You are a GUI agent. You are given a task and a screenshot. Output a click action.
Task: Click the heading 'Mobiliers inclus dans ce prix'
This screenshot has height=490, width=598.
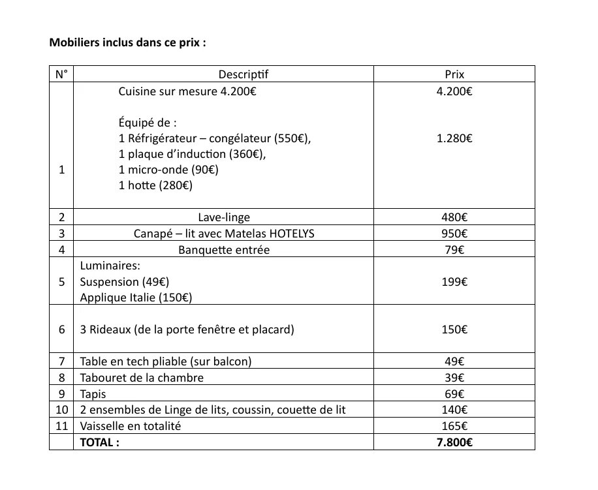click(128, 43)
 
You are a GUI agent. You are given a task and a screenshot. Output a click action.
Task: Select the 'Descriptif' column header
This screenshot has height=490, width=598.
click(243, 74)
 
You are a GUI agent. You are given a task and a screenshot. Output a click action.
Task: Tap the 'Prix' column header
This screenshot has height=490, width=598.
click(454, 74)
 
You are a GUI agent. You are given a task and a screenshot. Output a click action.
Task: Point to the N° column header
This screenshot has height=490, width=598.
click(61, 74)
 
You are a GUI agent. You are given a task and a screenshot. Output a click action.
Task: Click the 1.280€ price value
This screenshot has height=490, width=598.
click(454, 138)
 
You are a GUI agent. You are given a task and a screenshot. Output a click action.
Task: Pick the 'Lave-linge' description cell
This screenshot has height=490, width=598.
click(224, 217)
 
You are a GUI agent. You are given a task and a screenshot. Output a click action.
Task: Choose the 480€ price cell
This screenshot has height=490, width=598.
click(454, 217)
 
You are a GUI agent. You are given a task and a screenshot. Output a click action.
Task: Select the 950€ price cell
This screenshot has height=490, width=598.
click(454, 234)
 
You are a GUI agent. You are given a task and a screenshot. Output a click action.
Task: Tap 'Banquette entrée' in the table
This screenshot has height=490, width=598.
click(224, 250)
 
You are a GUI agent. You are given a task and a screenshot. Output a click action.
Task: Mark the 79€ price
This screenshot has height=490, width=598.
click(454, 250)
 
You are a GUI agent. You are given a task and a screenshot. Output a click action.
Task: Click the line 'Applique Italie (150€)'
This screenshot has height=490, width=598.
click(135, 298)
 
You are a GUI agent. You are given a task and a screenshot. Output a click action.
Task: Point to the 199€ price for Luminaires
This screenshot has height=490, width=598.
click(454, 282)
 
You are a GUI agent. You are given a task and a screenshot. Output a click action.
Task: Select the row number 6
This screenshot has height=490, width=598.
click(61, 329)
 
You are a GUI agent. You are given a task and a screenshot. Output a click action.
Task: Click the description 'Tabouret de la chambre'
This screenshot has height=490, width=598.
click(142, 378)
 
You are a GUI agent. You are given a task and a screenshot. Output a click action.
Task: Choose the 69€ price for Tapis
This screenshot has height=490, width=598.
click(454, 394)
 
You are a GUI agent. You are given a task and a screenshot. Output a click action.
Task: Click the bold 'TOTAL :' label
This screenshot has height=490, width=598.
click(99, 442)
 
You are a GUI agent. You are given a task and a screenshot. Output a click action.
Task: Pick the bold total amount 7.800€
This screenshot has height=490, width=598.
click(454, 442)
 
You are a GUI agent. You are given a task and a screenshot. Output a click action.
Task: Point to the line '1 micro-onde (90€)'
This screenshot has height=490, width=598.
click(168, 170)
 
